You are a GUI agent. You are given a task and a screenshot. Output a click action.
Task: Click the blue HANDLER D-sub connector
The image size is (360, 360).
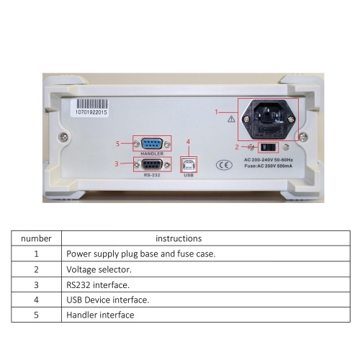152,144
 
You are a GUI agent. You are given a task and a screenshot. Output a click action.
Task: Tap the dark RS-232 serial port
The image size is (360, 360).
152,165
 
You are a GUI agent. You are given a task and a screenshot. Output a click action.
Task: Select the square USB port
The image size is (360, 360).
189,165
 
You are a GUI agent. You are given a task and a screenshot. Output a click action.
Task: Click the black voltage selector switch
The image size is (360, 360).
268,148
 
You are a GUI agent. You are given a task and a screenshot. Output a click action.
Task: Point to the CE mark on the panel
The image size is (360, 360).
224,165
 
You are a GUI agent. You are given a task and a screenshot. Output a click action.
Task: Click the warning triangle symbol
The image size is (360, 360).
231,119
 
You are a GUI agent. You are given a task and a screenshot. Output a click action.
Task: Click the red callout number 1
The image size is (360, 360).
217,112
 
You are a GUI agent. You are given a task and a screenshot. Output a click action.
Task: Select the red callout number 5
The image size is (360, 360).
117,144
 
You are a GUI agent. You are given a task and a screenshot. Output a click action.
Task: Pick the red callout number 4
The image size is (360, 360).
188,142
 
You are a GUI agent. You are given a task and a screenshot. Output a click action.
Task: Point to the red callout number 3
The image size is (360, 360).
117,164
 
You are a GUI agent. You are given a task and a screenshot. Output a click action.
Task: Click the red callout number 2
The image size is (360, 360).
237,147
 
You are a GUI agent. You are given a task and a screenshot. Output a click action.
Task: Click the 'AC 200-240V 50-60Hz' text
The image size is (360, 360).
269,160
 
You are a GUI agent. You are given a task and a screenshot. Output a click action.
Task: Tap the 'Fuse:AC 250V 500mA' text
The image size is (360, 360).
269,166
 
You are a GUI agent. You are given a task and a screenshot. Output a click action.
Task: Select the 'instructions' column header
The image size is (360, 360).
179,238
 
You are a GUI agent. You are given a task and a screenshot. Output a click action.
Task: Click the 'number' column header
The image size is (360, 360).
36,238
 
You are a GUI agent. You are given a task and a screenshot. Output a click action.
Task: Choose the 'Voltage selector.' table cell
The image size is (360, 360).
99,269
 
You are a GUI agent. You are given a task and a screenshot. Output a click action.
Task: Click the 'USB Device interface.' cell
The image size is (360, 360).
108,300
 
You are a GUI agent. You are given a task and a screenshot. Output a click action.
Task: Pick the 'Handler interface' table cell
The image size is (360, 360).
100,315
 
